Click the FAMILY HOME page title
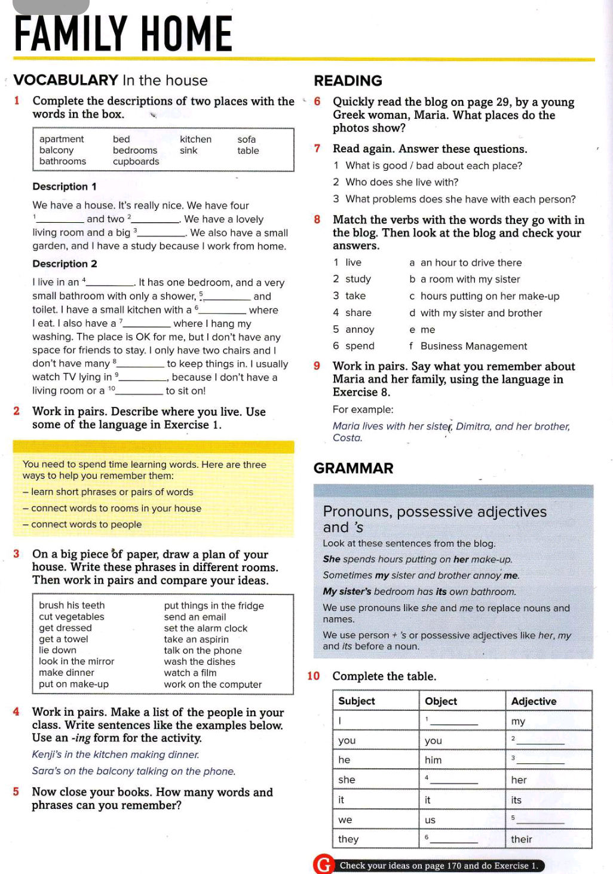click(x=123, y=34)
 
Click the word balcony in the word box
click(x=56, y=151)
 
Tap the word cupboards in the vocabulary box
click(x=136, y=161)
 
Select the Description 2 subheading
click(x=65, y=264)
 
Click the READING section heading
click(x=348, y=81)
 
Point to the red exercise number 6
click(x=317, y=102)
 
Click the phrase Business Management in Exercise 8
click(x=473, y=346)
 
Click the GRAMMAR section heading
click(x=353, y=468)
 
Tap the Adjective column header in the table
click(x=534, y=701)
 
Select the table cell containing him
click(x=433, y=760)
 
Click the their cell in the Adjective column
click(x=521, y=839)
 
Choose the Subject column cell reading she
click(x=347, y=780)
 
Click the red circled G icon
click(x=323, y=865)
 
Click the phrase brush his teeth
click(x=72, y=606)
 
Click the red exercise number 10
click(x=314, y=676)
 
